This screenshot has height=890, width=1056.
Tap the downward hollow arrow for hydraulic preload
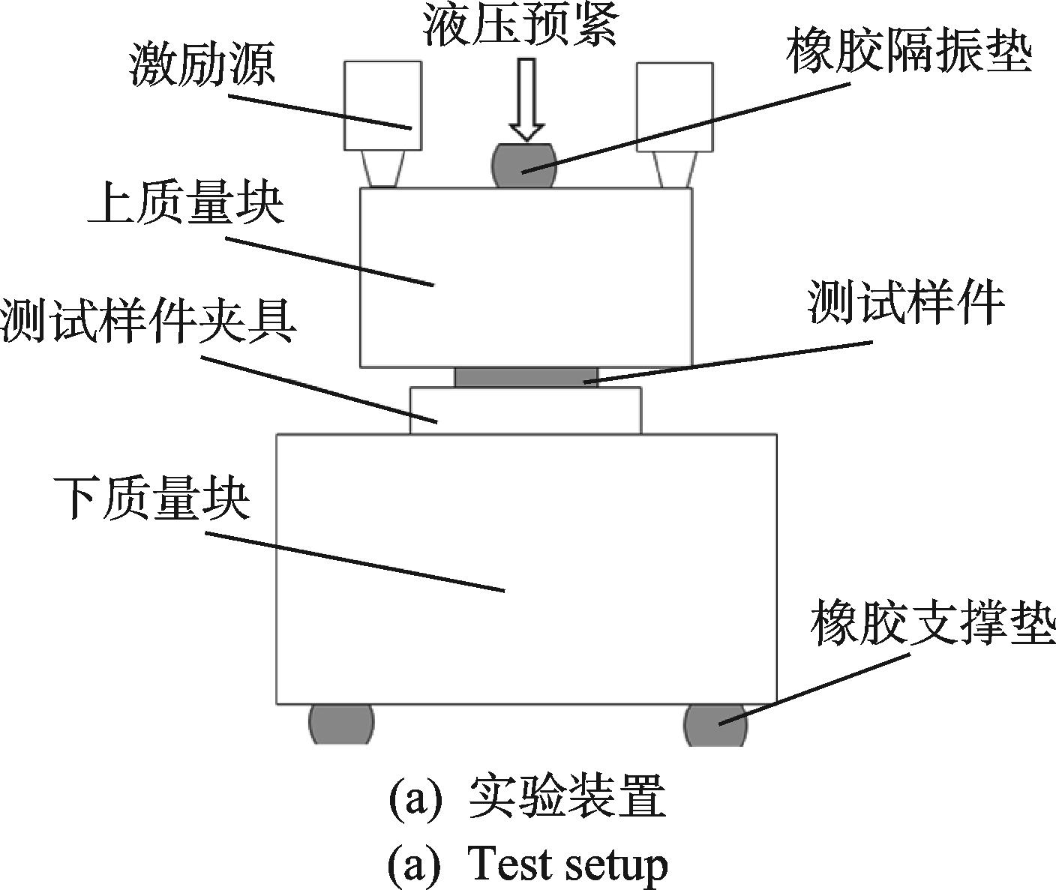point(526,100)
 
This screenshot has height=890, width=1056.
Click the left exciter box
point(382,106)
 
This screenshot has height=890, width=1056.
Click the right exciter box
point(675,106)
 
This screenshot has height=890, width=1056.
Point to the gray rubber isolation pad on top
point(524,165)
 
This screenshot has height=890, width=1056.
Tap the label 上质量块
point(185,204)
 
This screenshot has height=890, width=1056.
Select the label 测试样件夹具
point(148,321)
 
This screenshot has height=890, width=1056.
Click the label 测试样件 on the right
point(904,302)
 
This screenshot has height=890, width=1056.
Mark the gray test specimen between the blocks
point(526,377)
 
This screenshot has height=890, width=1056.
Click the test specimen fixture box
point(526,411)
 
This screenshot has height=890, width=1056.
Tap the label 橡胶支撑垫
point(932,622)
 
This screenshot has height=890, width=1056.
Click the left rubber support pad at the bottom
point(341,724)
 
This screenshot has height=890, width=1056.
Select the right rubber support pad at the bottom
point(715,724)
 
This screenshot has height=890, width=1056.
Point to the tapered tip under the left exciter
point(382,169)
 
